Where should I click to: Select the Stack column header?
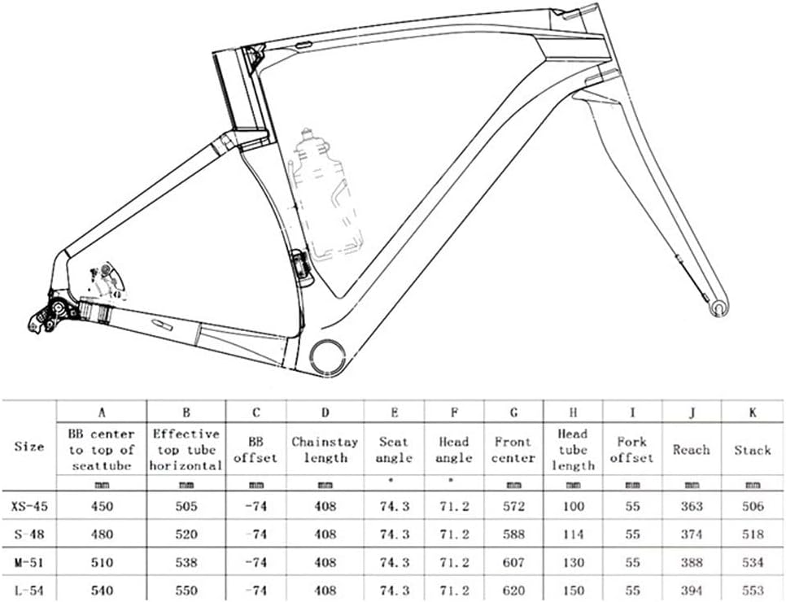pyautogui.click(x=753, y=450)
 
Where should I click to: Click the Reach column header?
pyautogui.click(x=691, y=450)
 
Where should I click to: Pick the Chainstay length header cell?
pyautogui.click(x=325, y=450)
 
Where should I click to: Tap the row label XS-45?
pyautogui.click(x=30, y=506)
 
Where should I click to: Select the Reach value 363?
pyautogui.click(x=691, y=506)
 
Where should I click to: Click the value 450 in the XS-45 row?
pyautogui.click(x=102, y=506)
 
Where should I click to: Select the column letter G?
pyautogui.click(x=513, y=412)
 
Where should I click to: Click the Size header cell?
pyautogui.click(x=30, y=446)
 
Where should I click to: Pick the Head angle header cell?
pyautogui.click(x=453, y=450)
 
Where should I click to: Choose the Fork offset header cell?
pyautogui.click(x=631, y=450)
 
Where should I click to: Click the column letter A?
pyautogui.click(x=102, y=412)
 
